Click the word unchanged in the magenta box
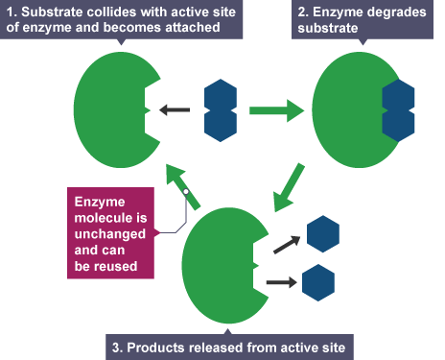[110, 234]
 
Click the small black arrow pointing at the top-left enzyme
[175, 110]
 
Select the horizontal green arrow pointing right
[277, 110]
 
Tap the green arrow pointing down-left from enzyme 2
[288, 188]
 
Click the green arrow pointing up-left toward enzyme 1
[182, 186]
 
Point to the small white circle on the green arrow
[186, 192]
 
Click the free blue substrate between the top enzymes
[221, 110]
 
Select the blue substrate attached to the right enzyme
[398, 110]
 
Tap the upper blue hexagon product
[323, 234]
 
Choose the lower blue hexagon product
[318, 282]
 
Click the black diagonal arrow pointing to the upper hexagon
[287, 245]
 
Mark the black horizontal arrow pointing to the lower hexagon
[282, 282]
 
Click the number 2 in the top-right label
[302, 12]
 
